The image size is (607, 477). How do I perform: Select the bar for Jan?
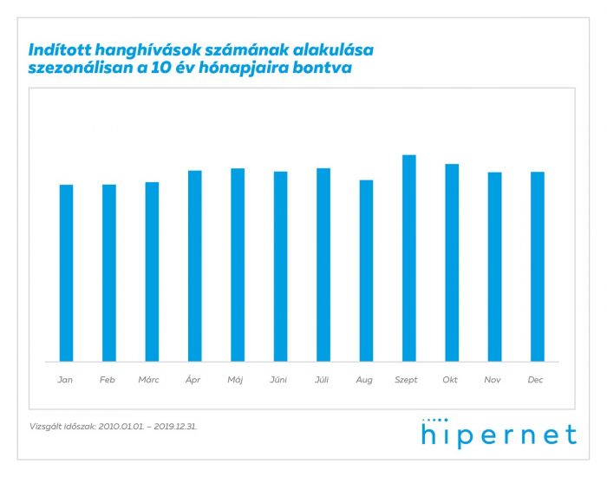click(66, 273)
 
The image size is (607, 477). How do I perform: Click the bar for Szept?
click(408, 258)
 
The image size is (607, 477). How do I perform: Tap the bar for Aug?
click(366, 271)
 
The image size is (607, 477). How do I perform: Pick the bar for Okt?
click(452, 262)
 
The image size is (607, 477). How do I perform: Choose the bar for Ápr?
click(194, 265)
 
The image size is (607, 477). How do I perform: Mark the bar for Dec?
click(538, 266)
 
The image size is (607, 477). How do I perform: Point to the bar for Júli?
click(323, 265)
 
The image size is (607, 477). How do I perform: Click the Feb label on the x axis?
click(108, 380)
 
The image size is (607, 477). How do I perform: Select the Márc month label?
click(151, 380)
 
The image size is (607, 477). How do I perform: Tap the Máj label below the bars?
click(236, 380)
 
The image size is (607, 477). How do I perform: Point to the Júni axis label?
click(279, 380)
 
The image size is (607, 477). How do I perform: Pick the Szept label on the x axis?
click(407, 380)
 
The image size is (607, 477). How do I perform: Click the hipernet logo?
click(499, 433)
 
